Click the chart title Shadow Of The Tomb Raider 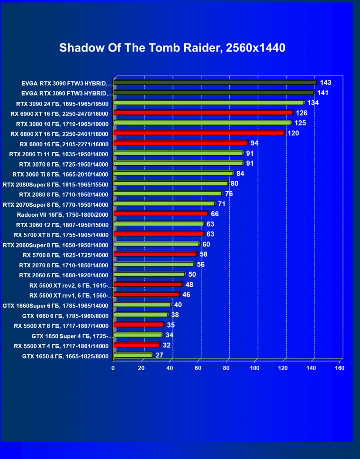(172, 48)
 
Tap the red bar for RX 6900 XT (203, 113)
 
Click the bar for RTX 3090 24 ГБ (208, 102)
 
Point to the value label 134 (313, 103)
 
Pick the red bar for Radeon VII (161, 213)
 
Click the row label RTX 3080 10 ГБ (62, 123)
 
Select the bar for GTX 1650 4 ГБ (133, 355)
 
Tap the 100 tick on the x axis (255, 368)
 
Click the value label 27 (160, 355)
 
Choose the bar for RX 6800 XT (198, 133)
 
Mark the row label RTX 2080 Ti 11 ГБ (59, 153)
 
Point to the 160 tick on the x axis (339, 368)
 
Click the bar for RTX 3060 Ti (173, 173)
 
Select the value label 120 (293, 133)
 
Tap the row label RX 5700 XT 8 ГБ (61, 234)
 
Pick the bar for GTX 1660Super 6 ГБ (142, 305)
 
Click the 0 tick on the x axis (113, 368)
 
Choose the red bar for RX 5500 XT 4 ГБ (136, 345)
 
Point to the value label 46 (186, 295)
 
